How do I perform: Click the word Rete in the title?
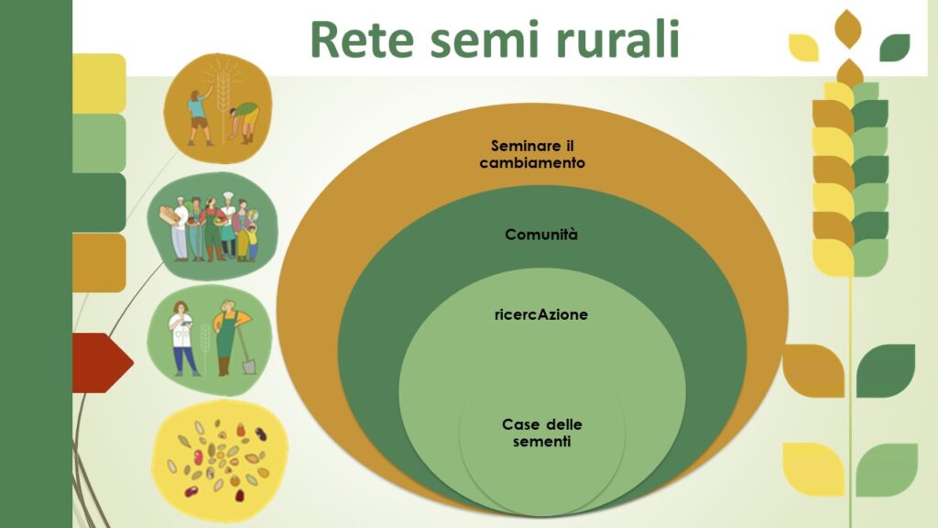point(362,39)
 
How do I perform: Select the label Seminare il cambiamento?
point(532,154)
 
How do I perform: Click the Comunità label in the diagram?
point(541,235)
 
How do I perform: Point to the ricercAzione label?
point(541,315)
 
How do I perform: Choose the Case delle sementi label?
point(542,433)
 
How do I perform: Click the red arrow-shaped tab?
point(103,363)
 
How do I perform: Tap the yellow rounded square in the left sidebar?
point(99,83)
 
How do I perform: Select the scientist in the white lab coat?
point(182,339)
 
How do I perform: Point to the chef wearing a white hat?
point(228,226)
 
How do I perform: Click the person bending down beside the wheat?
point(245,122)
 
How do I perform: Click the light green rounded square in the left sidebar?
point(99,143)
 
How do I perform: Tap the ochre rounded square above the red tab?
point(99,263)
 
